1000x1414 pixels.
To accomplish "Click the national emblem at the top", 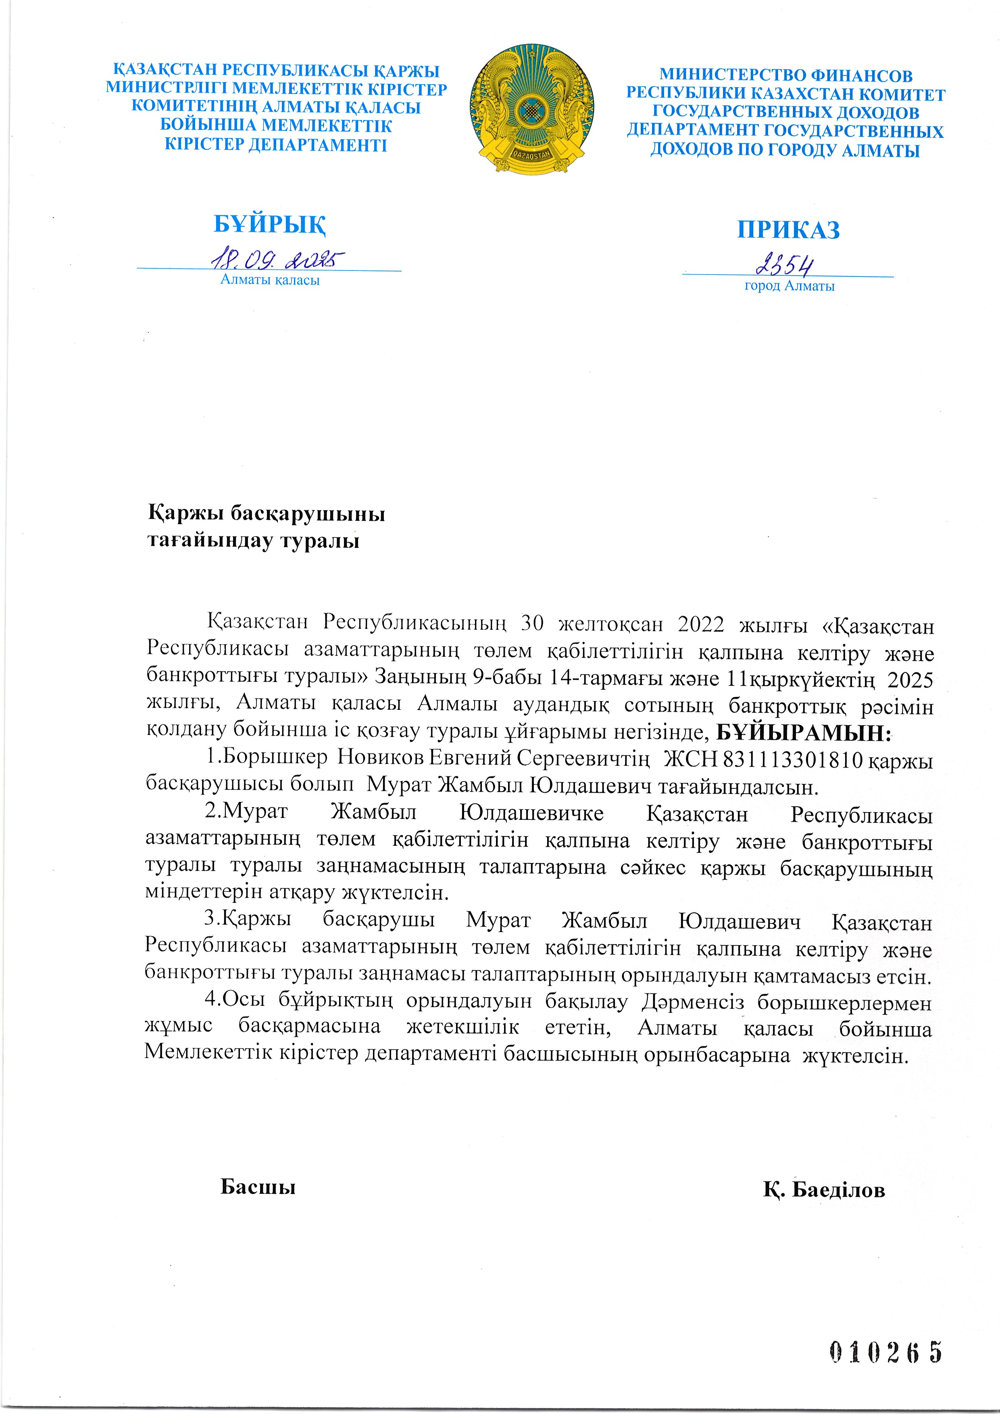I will pyautogui.click(x=531, y=109).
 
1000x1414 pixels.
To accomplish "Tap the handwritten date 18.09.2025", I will pyautogui.click(x=277, y=260).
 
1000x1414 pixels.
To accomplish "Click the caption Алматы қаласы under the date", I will pyautogui.click(x=270, y=280).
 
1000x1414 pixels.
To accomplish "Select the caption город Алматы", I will pyautogui.click(x=789, y=286).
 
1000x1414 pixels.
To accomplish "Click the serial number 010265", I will pyautogui.click(x=885, y=1352).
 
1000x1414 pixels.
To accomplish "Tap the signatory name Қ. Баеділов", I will pyautogui.click(x=824, y=1190).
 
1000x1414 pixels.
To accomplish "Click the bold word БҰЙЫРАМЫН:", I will pyautogui.click(x=804, y=733).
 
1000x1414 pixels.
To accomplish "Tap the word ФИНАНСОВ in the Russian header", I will pyautogui.click(x=861, y=76).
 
